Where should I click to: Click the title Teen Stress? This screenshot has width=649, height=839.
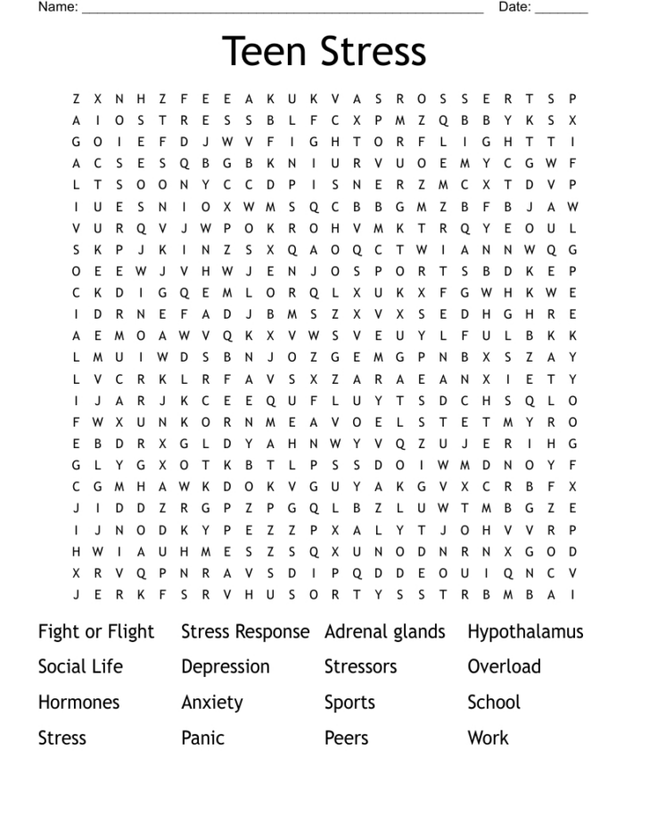[x=324, y=52]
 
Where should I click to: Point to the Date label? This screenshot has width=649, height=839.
[x=514, y=8]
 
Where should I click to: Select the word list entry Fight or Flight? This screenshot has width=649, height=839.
[x=96, y=632]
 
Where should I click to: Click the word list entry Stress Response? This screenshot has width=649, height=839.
[x=245, y=632]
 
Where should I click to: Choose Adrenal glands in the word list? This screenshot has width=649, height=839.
[x=384, y=632]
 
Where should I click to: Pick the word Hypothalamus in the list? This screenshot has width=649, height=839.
[x=525, y=632]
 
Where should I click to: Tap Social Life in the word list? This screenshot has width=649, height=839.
[x=80, y=667]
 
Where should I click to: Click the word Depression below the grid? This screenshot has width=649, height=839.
[x=226, y=667]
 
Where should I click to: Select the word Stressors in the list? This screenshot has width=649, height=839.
[x=360, y=667]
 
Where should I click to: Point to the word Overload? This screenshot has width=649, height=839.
[x=504, y=667]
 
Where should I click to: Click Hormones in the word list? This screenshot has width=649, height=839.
[x=78, y=703]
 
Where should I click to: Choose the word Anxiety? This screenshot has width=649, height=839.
[x=212, y=703]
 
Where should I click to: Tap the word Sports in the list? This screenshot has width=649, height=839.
[x=349, y=704]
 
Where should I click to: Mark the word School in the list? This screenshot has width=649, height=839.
[x=493, y=703]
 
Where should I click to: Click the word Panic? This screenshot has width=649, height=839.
[x=202, y=738]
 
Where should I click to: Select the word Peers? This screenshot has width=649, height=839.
[x=346, y=738]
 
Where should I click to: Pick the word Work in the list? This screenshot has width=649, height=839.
[x=488, y=738]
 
